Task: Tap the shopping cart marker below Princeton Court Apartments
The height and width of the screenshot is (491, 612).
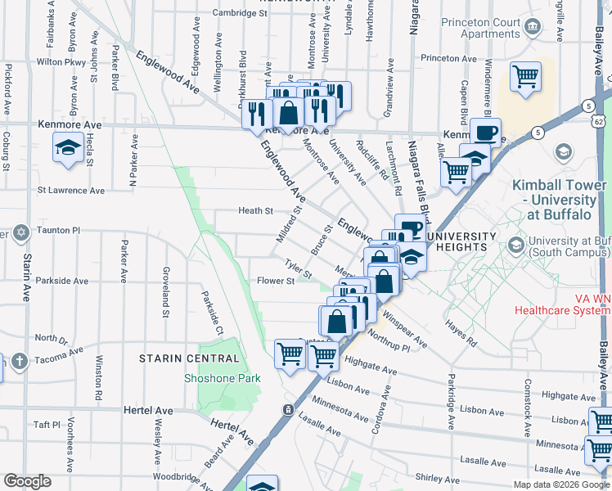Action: [525, 76]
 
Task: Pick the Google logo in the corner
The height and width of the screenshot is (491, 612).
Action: [27, 481]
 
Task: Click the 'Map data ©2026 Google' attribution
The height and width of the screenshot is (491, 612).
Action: [561, 484]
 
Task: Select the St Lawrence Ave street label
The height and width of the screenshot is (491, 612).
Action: [71, 190]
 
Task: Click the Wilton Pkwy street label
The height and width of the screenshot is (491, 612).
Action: [61, 61]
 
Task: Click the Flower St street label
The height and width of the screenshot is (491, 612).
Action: [276, 281]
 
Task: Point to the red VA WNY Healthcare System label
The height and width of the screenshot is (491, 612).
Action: [562, 304]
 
